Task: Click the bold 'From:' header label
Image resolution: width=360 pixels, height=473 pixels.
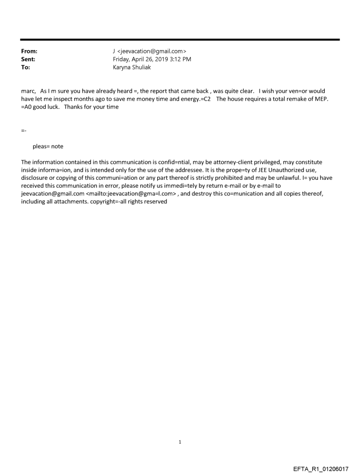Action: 29,52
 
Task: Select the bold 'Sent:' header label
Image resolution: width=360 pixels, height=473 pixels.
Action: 28,59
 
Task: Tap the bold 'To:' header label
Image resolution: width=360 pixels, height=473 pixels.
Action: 26,66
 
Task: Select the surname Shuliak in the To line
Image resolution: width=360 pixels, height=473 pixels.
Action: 141,66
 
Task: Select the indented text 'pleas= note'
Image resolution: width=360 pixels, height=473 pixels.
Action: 48,146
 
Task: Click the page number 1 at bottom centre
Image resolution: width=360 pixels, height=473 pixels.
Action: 180,442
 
